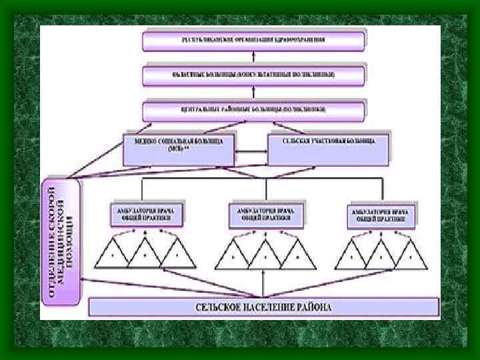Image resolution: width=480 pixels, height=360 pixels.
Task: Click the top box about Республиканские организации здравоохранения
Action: pyautogui.click(x=253, y=41)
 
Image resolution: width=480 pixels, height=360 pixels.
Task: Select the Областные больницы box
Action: pyautogui.click(x=253, y=74)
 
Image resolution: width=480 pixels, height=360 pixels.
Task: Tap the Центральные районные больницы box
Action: pyautogui.click(x=253, y=109)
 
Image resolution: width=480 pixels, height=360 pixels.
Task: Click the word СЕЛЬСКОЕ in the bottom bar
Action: pyautogui.click(x=221, y=307)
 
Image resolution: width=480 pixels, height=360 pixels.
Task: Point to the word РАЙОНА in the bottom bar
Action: pyautogui.click(x=313, y=307)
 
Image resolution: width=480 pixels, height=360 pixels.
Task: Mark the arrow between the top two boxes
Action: pyautogui.click(x=253, y=57)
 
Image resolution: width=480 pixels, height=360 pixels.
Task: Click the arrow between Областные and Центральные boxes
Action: pyautogui.click(x=253, y=92)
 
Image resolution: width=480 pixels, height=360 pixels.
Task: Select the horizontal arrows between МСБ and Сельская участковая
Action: pyautogui.click(x=251, y=154)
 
